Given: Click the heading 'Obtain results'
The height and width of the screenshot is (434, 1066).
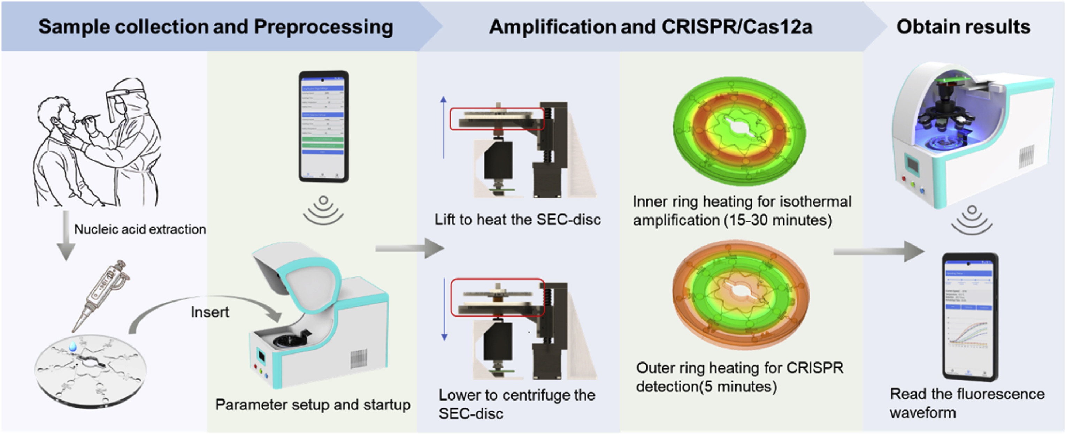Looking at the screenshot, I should (963, 27).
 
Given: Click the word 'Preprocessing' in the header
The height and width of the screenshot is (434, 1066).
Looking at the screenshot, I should (323, 27).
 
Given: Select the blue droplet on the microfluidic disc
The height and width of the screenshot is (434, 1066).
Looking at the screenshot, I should (73, 346).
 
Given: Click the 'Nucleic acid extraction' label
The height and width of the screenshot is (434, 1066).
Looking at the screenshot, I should (139, 229).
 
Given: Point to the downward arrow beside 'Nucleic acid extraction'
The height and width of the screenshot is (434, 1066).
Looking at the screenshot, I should (66, 236).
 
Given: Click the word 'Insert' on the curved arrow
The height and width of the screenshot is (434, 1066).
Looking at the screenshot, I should (209, 312).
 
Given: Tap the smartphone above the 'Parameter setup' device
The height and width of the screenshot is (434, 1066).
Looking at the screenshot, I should (324, 126).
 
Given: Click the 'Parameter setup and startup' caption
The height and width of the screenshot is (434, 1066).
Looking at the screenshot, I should (313, 405).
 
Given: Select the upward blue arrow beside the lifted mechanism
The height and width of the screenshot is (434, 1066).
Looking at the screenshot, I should (443, 126).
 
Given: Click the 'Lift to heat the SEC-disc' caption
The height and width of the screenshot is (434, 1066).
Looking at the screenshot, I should (517, 220).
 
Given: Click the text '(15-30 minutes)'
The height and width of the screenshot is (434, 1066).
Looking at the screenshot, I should (777, 220).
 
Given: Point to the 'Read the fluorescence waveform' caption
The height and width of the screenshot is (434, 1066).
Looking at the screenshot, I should (967, 403).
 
